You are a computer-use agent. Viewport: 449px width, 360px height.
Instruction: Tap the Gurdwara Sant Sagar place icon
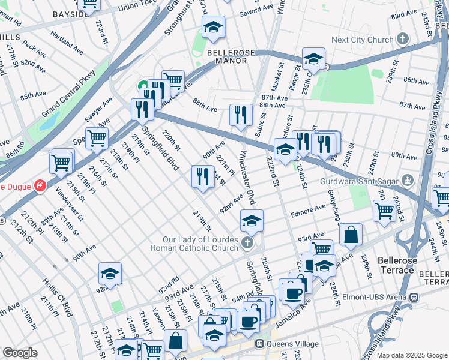[x=408, y=180]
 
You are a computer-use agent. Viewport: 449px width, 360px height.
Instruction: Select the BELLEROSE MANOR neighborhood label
[x=228, y=56]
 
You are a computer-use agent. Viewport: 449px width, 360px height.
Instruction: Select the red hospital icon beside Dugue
[x=40, y=186]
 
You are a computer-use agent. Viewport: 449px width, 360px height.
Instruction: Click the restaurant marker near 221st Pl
[x=202, y=176]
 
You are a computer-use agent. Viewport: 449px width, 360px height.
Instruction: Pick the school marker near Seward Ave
[x=213, y=27]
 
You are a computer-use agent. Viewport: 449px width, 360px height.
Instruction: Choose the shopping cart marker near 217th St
[x=96, y=138]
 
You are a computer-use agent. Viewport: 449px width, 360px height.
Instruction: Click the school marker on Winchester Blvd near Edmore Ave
[x=252, y=220]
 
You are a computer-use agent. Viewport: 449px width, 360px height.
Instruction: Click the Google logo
[x=20, y=353]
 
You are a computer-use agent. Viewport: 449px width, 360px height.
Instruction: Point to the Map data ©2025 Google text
[x=411, y=355]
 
